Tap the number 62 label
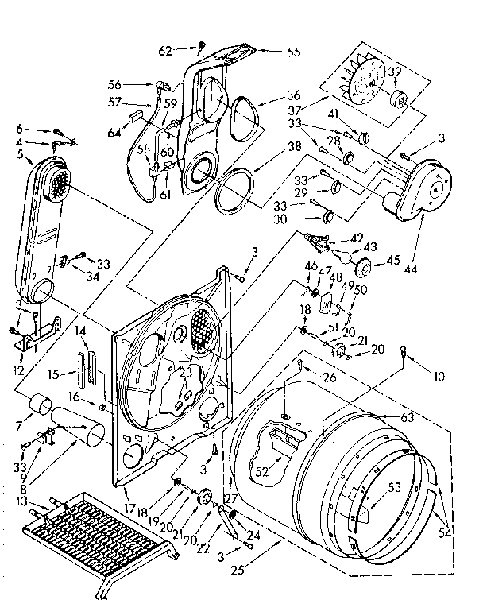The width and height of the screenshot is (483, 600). coord(164,49)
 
